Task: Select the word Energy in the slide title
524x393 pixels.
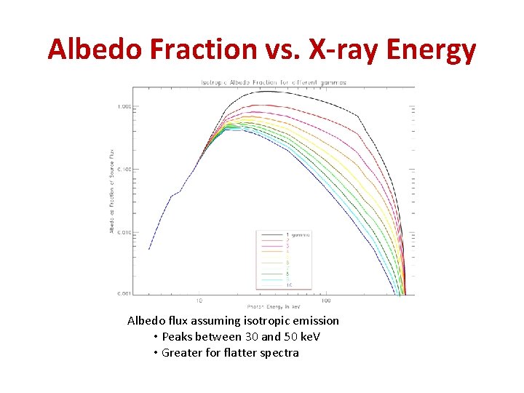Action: tap(432, 49)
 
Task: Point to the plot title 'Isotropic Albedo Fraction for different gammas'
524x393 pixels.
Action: tap(273, 82)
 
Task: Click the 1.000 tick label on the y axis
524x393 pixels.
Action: tap(124, 107)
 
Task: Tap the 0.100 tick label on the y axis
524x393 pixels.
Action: tap(124, 170)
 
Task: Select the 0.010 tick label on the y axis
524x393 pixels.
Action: tap(124, 232)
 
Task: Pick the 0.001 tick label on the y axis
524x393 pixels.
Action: tap(124, 293)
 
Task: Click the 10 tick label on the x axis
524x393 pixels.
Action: tap(199, 300)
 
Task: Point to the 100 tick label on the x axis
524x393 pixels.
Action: tap(326, 300)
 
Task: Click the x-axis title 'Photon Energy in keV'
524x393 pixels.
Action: tap(274, 306)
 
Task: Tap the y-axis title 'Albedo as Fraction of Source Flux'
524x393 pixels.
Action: tap(111, 192)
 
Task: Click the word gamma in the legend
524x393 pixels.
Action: tap(301, 234)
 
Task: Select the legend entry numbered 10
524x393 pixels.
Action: tap(289, 285)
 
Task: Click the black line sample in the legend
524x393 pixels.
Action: tap(271, 234)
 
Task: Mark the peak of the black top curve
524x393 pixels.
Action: tap(268, 91)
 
